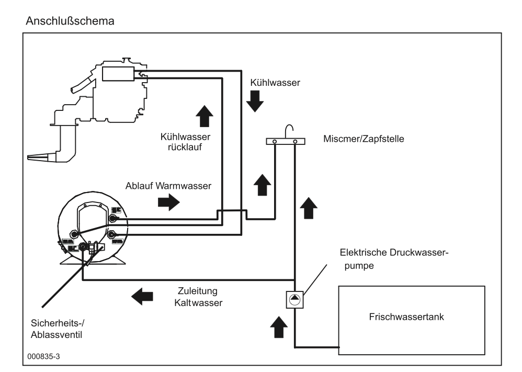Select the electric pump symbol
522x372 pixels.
[295, 299]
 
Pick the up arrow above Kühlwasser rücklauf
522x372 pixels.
[204, 115]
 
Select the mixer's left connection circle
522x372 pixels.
[275, 141]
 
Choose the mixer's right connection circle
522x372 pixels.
[296, 141]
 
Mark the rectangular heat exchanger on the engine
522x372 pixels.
[118, 74]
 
